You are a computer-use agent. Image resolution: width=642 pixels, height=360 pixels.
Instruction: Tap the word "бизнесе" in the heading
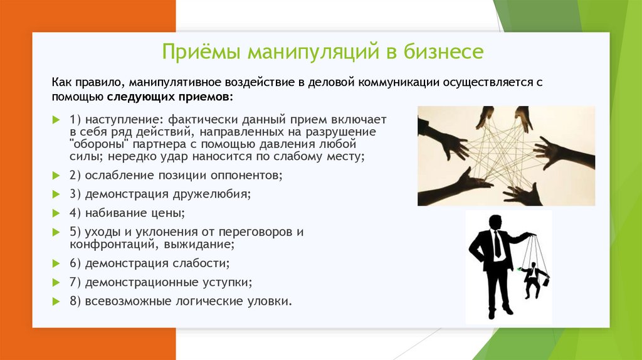click(443, 51)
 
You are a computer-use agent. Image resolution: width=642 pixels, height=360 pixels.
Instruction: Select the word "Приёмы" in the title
click(201, 52)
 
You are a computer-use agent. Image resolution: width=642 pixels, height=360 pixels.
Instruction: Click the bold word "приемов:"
click(206, 97)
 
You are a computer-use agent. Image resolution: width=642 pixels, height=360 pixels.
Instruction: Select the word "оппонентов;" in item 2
click(246, 175)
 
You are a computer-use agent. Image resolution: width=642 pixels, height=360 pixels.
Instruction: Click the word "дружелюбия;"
click(212, 194)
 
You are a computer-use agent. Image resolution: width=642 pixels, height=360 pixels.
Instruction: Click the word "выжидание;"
click(199, 245)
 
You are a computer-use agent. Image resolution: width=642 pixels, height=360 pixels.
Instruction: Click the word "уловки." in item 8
click(270, 301)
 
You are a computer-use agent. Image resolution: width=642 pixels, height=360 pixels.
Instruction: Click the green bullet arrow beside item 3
click(56, 194)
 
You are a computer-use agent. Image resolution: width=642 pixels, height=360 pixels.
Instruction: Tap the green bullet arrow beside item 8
click(56, 302)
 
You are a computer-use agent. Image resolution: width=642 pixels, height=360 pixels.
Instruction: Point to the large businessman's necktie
click(497, 244)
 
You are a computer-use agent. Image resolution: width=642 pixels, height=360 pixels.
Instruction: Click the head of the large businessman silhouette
click(495, 223)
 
